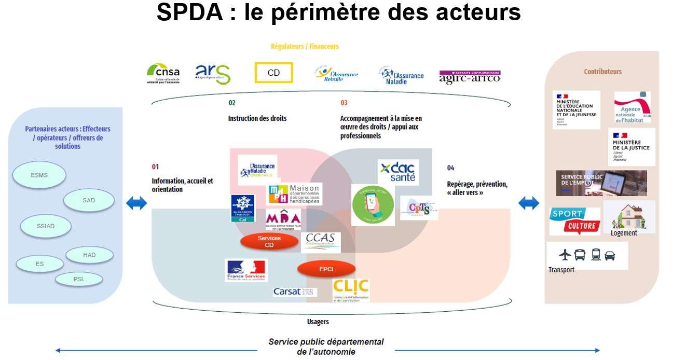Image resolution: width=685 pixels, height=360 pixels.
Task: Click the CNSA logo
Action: [x=163, y=73]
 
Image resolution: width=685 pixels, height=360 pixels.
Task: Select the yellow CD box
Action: [x=273, y=73]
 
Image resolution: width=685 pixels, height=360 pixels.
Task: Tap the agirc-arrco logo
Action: [x=470, y=76]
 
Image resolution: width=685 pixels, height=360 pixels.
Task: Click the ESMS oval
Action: [x=39, y=175]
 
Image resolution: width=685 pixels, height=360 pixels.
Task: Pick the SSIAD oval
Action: [x=46, y=226]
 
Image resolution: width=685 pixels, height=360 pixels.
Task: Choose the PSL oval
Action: [x=79, y=279]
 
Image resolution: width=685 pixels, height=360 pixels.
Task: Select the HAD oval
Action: [x=89, y=255]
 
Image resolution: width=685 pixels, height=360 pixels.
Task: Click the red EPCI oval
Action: [x=326, y=269]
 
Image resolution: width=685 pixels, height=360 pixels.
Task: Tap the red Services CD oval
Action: [x=269, y=241]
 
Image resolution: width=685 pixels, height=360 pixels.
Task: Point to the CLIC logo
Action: [x=351, y=289]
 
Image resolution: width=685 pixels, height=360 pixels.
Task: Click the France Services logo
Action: [x=246, y=270]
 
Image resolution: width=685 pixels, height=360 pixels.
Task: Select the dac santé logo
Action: [x=398, y=172]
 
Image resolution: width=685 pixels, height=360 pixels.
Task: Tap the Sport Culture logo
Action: [x=574, y=221]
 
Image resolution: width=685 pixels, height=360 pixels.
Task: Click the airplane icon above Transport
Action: [x=565, y=255]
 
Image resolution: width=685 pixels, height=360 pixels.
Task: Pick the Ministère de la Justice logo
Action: [x=631, y=147]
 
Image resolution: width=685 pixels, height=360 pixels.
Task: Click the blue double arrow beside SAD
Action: [x=136, y=203]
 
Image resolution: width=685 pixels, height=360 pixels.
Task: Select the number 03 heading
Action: [x=344, y=103]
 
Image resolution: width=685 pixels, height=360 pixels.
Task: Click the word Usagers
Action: [x=318, y=322]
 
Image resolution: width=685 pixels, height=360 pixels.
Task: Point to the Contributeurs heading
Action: [x=602, y=72]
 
